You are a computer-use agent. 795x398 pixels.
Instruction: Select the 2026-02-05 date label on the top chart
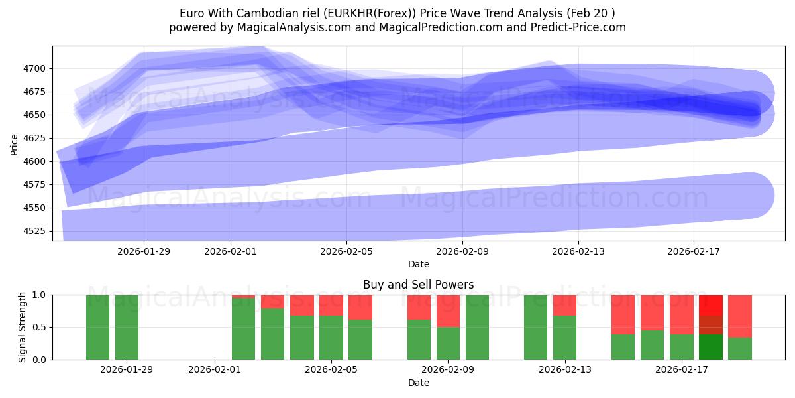click(x=346, y=251)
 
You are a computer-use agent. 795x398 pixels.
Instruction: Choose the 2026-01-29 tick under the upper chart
click(x=144, y=251)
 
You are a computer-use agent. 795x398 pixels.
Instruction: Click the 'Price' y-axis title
click(x=15, y=145)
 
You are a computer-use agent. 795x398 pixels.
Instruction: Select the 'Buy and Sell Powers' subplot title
click(x=418, y=285)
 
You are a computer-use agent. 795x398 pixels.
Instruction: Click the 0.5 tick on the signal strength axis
click(x=40, y=327)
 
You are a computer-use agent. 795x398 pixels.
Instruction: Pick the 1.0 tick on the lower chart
click(x=40, y=295)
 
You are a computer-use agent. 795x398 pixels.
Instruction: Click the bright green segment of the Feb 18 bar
click(x=711, y=347)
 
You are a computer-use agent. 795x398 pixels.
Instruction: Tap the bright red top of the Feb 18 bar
click(x=711, y=304)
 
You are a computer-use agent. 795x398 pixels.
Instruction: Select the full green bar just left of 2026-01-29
click(x=97, y=327)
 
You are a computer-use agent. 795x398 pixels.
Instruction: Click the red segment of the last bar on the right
click(x=740, y=316)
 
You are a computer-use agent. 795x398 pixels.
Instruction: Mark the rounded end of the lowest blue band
click(x=755, y=195)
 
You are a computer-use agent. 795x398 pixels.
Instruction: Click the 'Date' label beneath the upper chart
click(x=418, y=264)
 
